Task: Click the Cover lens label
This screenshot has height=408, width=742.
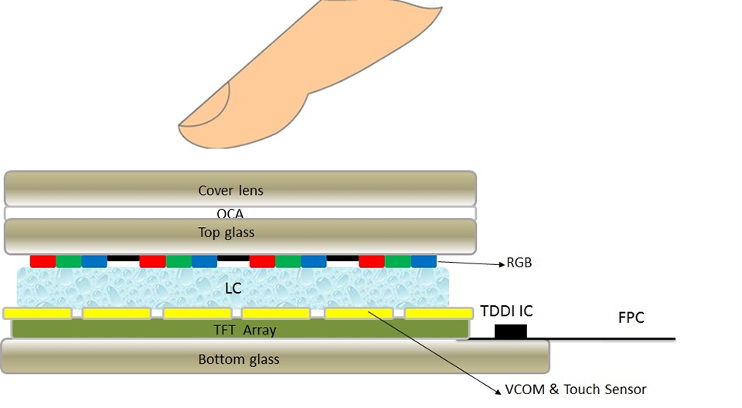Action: (230, 190)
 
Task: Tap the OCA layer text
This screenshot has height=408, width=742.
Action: (230, 213)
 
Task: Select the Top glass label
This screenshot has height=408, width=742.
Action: (226, 232)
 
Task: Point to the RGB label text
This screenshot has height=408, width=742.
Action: (519, 263)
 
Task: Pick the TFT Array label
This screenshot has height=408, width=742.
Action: (244, 330)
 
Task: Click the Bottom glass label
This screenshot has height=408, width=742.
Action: (239, 359)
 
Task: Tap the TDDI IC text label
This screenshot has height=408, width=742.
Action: (506, 311)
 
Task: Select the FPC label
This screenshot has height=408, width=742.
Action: (631, 317)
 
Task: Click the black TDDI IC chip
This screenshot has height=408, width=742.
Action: (510, 331)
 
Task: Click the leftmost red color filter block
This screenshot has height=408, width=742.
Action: (43, 261)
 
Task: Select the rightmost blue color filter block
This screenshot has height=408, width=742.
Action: (424, 261)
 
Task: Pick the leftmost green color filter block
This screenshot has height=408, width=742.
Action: (69, 261)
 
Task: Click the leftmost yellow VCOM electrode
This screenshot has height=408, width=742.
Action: (37, 313)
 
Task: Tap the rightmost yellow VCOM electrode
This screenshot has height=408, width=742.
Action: (438, 313)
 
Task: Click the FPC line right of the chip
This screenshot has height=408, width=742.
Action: (603, 338)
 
